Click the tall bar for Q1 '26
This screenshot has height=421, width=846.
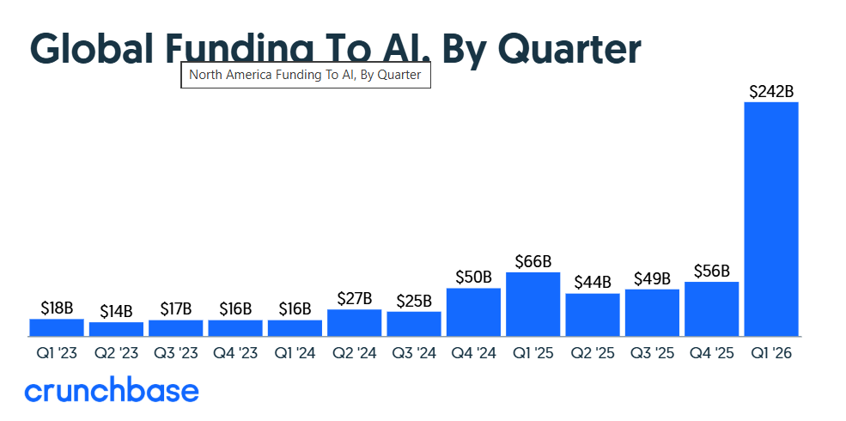[770, 219]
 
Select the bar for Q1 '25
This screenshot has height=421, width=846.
[533, 304]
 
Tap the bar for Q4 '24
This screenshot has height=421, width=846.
[473, 312]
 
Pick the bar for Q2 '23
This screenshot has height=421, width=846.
[116, 329]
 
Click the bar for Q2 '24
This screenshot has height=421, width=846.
[354, 322]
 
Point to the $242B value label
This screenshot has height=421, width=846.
[770, 91]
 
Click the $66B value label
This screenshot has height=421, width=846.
[533, 261]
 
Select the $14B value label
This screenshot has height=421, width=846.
[116, 310]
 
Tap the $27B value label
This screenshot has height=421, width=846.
[354, 298]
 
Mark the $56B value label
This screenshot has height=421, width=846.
[711, 271]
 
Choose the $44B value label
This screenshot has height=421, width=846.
[592, 282]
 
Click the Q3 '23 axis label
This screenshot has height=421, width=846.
[175, 352]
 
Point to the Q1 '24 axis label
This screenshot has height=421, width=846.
[295, 352]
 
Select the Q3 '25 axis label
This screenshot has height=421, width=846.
[652, 352]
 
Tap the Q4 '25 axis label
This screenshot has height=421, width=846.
[711, 352]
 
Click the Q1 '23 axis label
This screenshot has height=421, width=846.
[57, 352]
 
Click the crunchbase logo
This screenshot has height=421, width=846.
[112, 391]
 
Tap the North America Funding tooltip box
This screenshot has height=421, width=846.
[305, 75]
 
